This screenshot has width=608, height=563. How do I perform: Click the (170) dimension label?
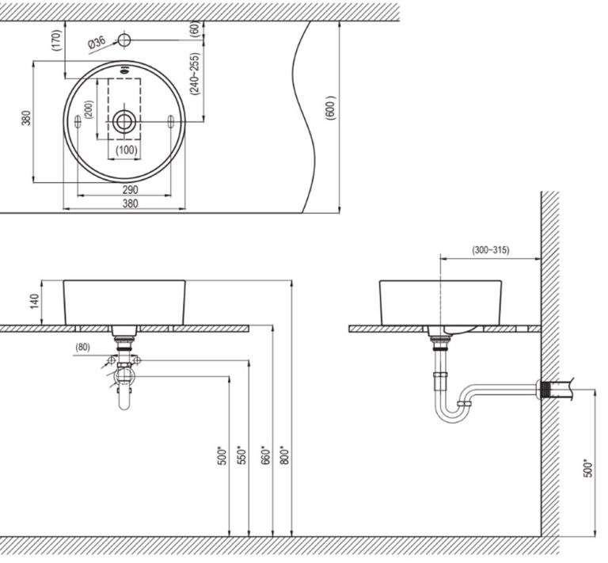coord(56,40)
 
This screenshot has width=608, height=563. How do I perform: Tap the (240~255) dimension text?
coord(195,74)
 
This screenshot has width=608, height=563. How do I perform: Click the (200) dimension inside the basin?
coord(88,109)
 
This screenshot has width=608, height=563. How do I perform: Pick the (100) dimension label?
coord(126,150)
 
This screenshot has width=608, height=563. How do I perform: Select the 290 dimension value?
coord(131,189)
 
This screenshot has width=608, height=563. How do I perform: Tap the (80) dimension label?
coord(83,347)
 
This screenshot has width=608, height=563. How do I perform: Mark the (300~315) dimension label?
coord(491,250)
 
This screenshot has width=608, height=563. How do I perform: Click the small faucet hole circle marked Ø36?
coord(124,40)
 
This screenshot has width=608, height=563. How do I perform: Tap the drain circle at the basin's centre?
coord(124,121)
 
